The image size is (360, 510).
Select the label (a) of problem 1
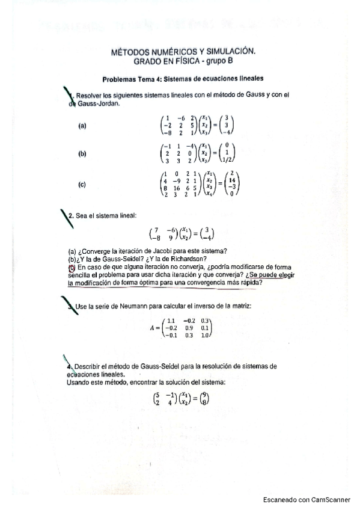pyautogui.click(x=82, y=126)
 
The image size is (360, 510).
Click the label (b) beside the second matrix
pyautogui.click(x=82, y=154)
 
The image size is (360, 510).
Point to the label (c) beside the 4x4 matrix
pyautogui.click(x=82, y=185)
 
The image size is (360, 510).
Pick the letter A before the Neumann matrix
pyautogui.click(x=153, y=329)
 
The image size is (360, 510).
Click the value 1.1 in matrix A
pyautogui.click(x=171, y=321)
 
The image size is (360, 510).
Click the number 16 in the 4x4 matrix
pyautogui.click(x=177, y=188)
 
